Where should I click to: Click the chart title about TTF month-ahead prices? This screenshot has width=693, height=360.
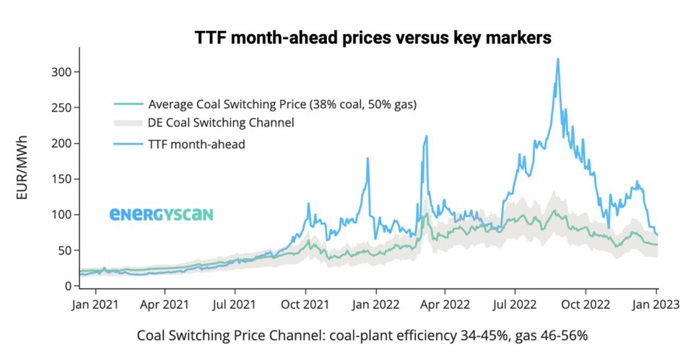click(x=372, y=38)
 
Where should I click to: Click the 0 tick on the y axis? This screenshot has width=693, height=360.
click(x=67, y=286)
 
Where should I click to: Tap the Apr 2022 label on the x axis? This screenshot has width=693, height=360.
click(x=445, y=304)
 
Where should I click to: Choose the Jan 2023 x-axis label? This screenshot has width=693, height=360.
click(x=656, y=304)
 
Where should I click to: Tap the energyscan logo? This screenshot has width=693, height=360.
click(x=161, y=214)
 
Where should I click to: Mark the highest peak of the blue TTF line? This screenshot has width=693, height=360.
click(x=558, y=59)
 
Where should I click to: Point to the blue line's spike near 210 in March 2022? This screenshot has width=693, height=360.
click(x=427, y=136)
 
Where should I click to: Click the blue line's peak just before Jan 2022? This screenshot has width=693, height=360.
click(x=367, y=158)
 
